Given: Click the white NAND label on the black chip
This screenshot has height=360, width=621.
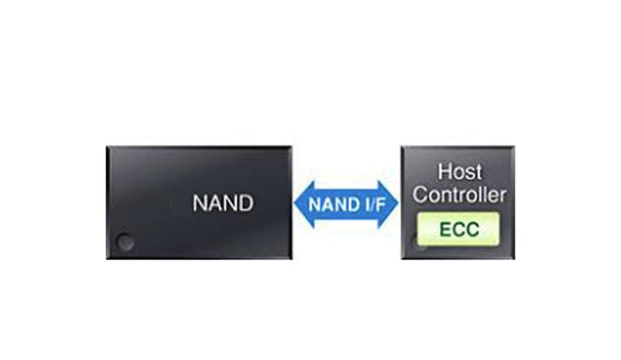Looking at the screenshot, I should pos(223,204).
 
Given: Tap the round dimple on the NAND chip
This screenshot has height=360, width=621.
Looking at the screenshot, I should pos(123,242).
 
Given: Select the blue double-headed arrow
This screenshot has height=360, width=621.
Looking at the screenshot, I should pos(346,205).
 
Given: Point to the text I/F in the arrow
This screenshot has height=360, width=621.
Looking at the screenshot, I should pos(366,206).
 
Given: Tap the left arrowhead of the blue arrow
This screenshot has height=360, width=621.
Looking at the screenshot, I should pos(303,205).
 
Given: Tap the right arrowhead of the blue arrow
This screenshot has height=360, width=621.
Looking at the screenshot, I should pos(390,205).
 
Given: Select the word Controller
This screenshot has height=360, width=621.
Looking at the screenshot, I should pos(460,194).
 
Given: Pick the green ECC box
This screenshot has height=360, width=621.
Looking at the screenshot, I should pos(460,229).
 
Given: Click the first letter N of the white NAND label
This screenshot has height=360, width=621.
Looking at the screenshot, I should pos(199,204).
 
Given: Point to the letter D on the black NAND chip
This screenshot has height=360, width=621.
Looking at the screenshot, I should pos(246,204).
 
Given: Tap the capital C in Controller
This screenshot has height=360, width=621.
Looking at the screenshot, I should pos(420,194).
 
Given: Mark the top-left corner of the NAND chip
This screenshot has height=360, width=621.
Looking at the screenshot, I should pos(108,147).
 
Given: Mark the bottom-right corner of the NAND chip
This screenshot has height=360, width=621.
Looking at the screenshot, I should pos(291,258).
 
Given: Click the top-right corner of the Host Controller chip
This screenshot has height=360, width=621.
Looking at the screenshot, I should pos(513,147).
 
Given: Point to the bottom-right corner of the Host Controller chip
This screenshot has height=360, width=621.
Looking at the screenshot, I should pos(513,258).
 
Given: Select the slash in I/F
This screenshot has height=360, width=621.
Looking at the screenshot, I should pos(366,206).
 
